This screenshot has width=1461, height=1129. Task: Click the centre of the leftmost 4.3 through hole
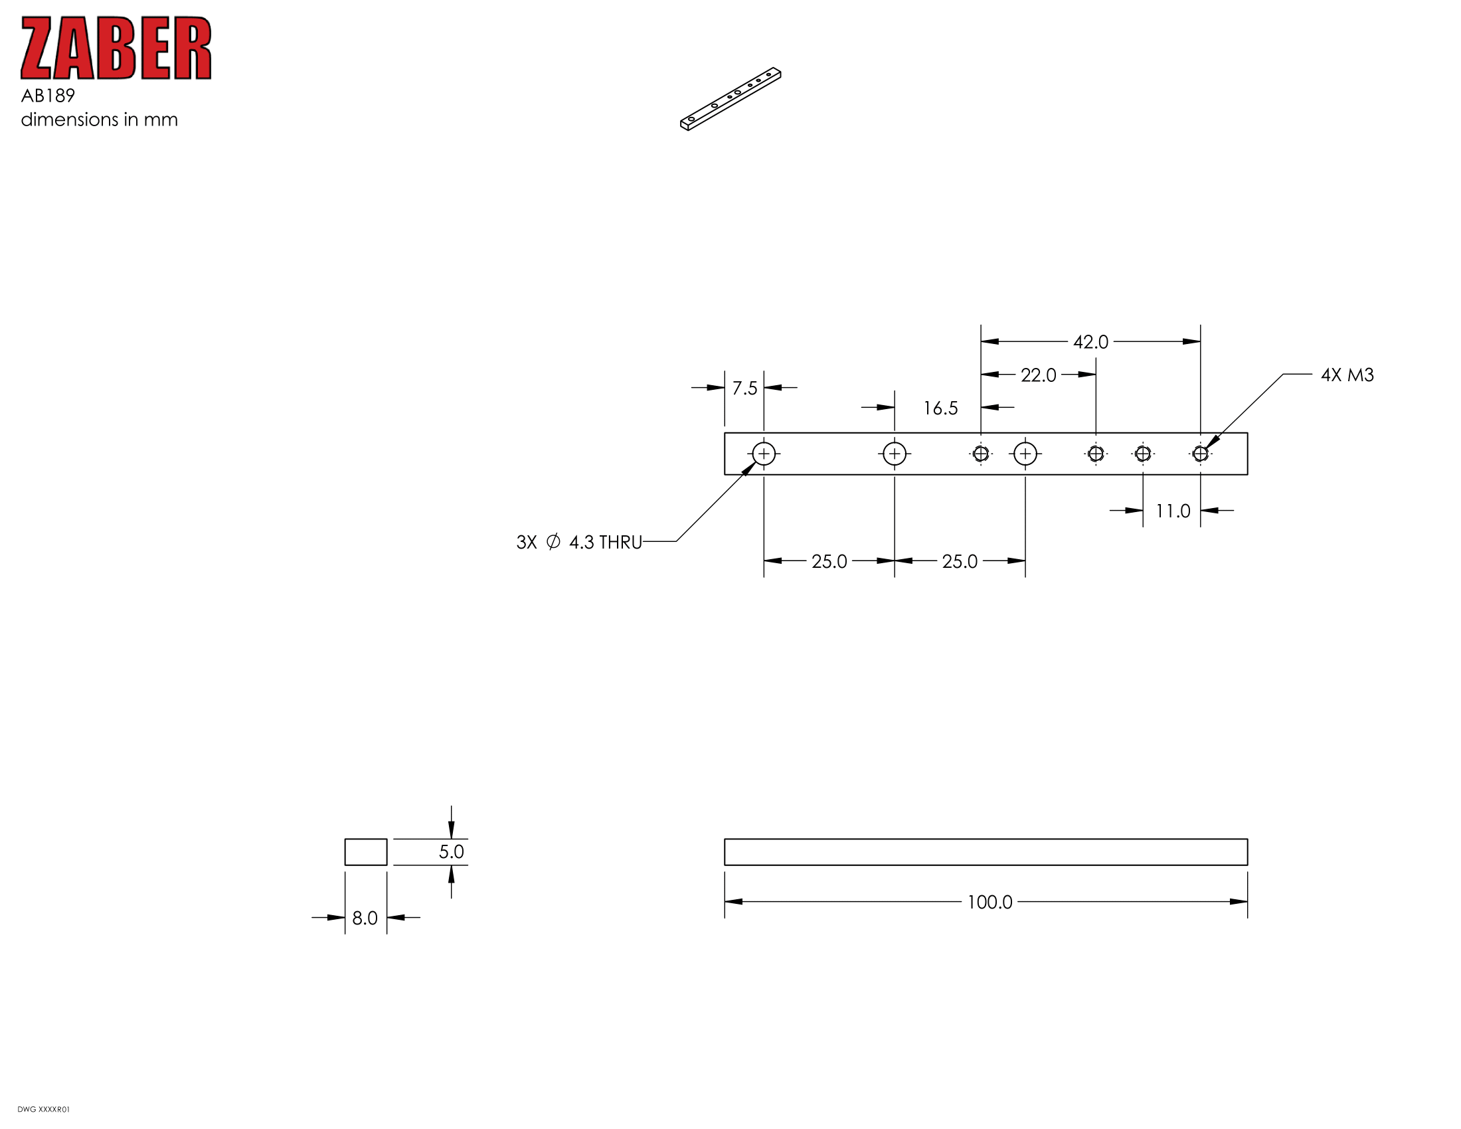[x=763, y=454]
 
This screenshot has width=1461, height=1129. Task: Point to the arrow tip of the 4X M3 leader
[x=1205, y=449]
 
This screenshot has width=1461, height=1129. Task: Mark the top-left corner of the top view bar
[x=725, y=433]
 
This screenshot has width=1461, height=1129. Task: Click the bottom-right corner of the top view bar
[x=1248, y=475]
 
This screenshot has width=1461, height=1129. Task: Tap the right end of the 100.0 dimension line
[x=1248, y=902]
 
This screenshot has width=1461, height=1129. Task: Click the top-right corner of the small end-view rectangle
[x=387, y=839]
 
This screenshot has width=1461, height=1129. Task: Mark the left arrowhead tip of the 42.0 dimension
[x=982, y=341]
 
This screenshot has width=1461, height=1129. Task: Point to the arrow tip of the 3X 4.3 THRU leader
[x=756, y=462]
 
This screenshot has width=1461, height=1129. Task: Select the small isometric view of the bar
[x=730, y=99]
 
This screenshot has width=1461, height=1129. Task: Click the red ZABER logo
[x=116, y=48]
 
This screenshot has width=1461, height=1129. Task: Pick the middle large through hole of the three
[x=895, y=454]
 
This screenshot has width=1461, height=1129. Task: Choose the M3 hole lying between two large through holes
[x=981, y=454]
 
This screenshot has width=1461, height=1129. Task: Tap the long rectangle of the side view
[x=986, y=852]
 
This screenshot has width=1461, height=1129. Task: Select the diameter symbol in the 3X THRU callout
[x=553, y=541]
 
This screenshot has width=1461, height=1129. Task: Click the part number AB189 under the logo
[x=48, y=96]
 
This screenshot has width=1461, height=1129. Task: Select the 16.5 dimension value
[x=940, y=408]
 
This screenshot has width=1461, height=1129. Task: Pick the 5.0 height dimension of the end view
[x=452, y=851]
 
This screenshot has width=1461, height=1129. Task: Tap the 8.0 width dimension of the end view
[x=365, y=918]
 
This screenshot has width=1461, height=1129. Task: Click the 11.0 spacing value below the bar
[x=1173, y=511]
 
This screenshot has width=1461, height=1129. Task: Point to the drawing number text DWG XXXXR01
[x=43, y=1109]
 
